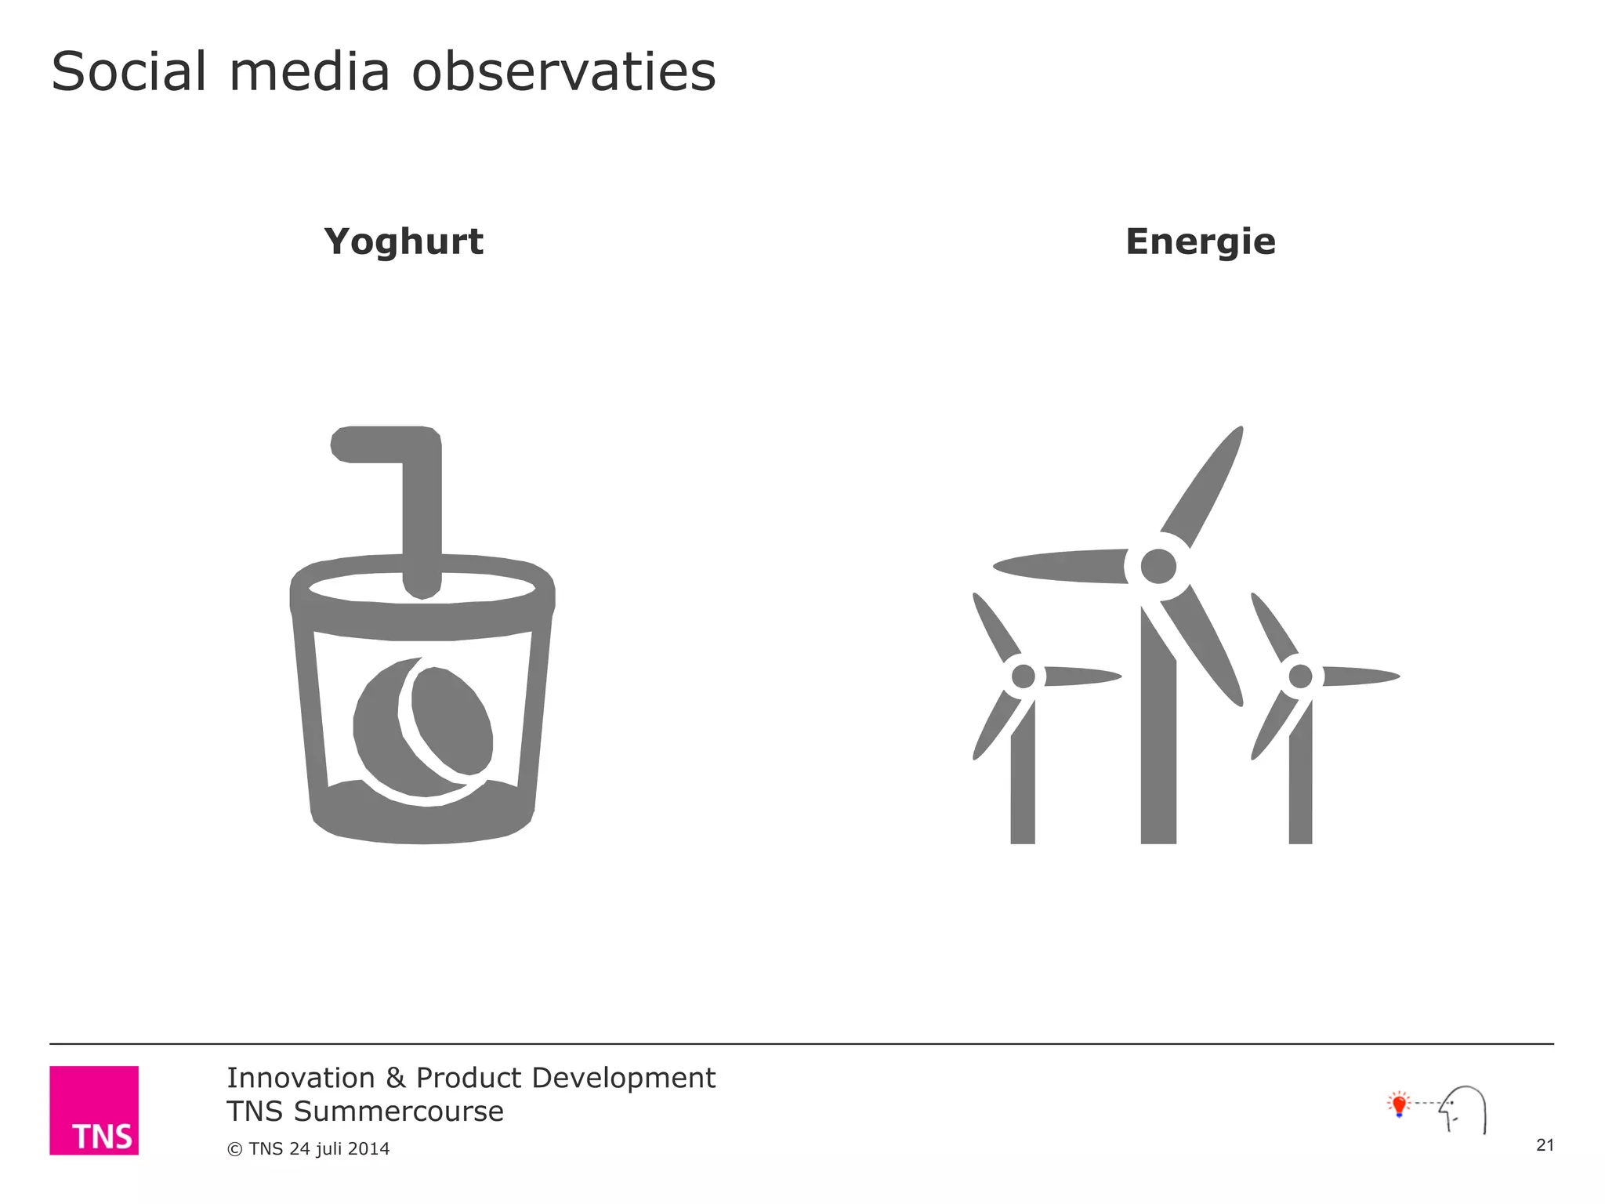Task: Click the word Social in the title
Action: click(129, 71)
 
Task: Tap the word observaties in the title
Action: click(563, 71)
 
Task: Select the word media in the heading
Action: click(310, 71)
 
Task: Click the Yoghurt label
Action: click(404, 241)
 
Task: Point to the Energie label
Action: click(1200, 241)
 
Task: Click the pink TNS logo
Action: click(94, 1110)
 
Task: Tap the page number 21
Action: click(1545, 1145)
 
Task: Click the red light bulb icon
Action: click(1399, 1104)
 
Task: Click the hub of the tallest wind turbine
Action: click(1158, 566)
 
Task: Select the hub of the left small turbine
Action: click(1023, 676)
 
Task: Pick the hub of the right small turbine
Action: click(1300, 676)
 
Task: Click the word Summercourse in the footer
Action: click(398, 1112)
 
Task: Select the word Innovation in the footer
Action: click(301, 1079)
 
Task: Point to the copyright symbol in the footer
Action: click(234, 1150)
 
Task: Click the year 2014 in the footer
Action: click(369, 1149)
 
